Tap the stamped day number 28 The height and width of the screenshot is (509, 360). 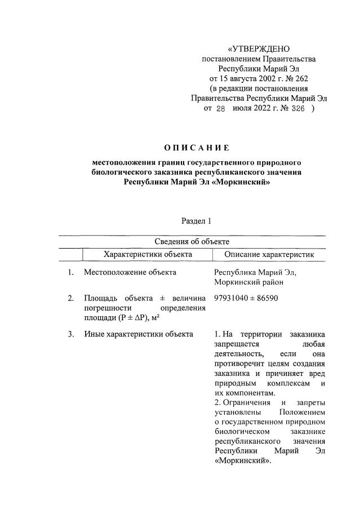click(220, 109)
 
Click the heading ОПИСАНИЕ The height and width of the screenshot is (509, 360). click(197, 148)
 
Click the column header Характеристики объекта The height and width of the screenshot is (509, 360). click(148, 255)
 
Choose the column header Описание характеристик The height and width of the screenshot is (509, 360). click(269, 255)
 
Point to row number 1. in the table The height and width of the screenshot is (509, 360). click(71, 273)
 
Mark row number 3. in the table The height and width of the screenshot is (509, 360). click(71, 334)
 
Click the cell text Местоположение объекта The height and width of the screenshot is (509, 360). click(130, 273)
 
